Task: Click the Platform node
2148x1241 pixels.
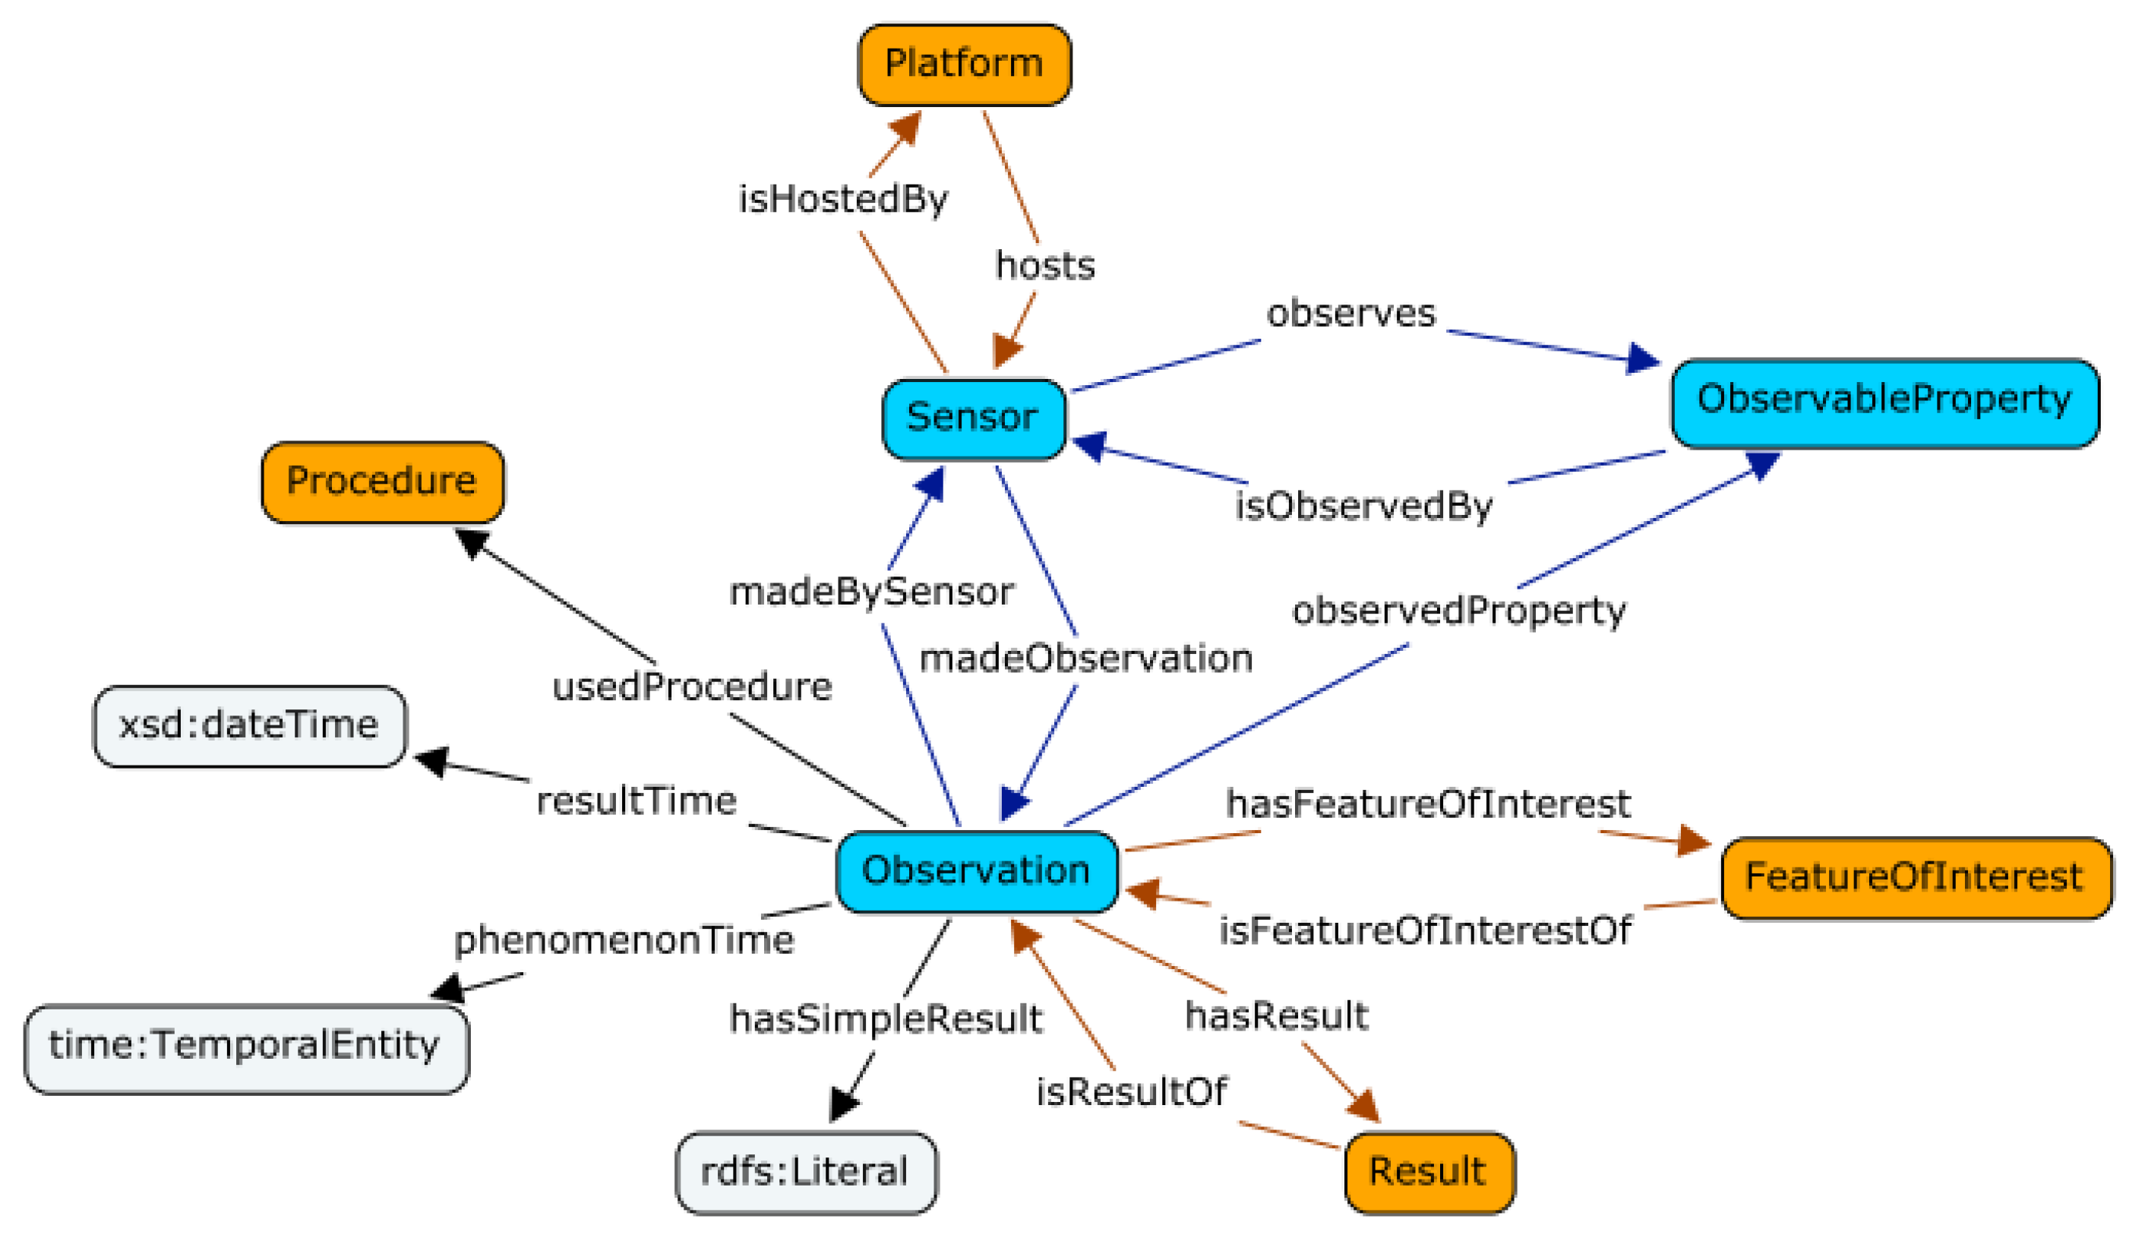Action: (x=964, y=65)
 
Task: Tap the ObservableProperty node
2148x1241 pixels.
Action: (x=1884, y=403)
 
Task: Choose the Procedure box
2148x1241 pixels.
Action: (x=382, y=482)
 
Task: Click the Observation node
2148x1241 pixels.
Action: (x=977, y=872)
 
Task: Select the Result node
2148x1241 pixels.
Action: (x=1429, y=1172)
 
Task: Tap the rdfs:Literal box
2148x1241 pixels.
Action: (x=805, y=1173)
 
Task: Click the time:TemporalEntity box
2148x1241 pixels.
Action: (x=246, y=1048)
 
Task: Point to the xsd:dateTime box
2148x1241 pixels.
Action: (x=249, y=726)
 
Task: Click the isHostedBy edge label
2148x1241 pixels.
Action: (x=843, y=201)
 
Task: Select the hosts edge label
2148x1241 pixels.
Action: (x=1045, y=266)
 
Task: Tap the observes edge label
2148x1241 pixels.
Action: (x=1351, y=314)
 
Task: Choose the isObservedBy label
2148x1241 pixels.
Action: (x=1364, y=507)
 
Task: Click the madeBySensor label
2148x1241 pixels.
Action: (x=872, y=592)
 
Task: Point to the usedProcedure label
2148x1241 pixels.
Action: (x=692, y=688)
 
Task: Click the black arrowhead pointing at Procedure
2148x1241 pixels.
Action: (x=472, y=542)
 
